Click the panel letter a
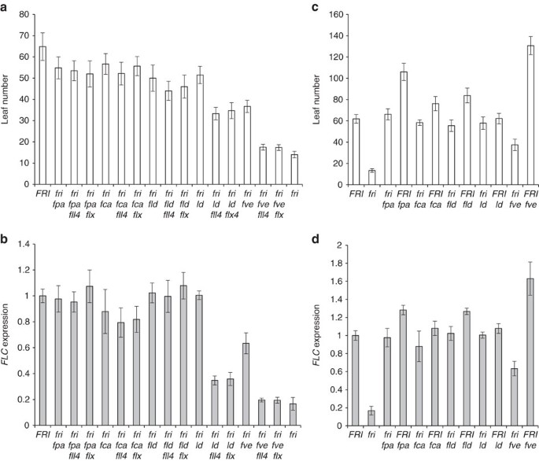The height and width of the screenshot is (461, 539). coord(6,8)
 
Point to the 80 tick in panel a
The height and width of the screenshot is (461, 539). coord(24,15)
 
